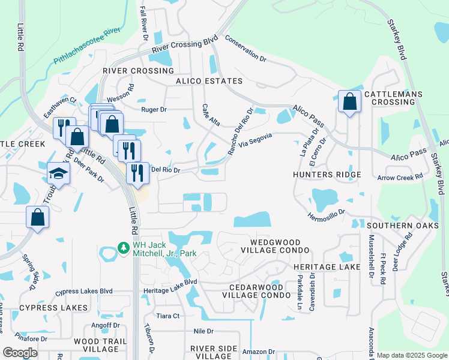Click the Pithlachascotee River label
click(88, 46)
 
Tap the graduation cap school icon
click(59, 173)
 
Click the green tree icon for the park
click(123, 247)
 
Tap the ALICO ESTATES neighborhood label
click(209, 81)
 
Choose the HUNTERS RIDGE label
click(327, 175)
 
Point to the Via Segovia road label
click(256, 140)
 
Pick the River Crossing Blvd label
click(184, 46)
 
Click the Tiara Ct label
click(167, 316)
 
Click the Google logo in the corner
click(20, 353)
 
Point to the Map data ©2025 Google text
click(411, 355)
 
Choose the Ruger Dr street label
click(154, 110)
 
